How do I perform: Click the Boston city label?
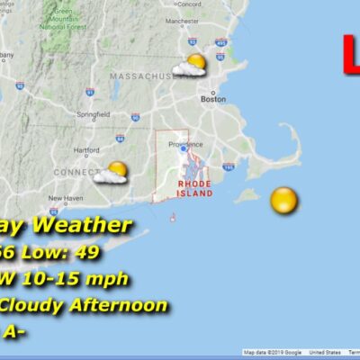click(213, 99)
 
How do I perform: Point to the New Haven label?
click(65, 198)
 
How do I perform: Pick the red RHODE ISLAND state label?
click(194, 186)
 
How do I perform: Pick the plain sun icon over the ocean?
click(283, 200)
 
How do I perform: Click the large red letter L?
click(351, 52)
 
